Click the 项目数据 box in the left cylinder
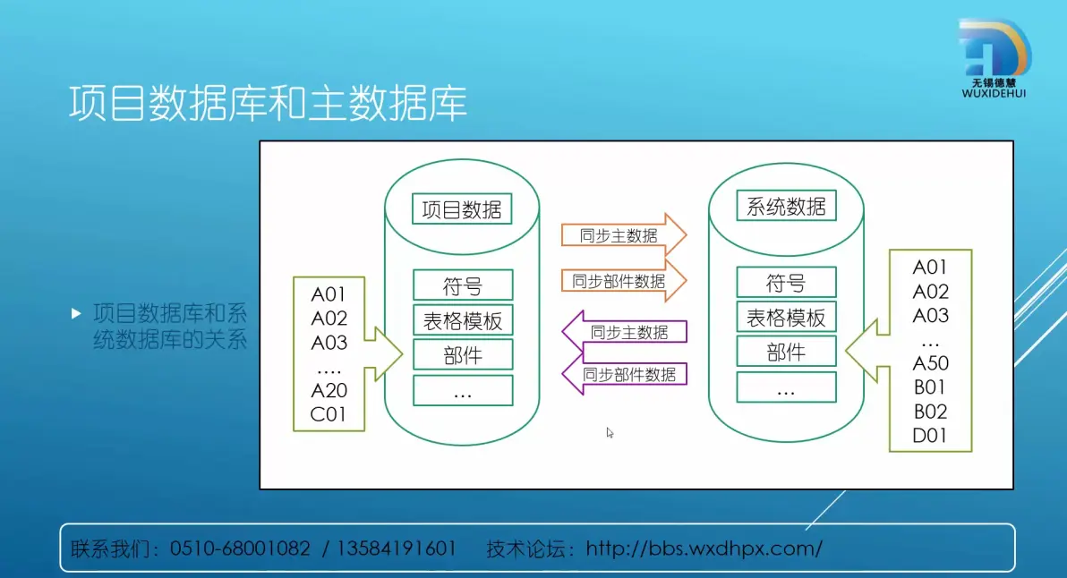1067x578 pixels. [462, 208]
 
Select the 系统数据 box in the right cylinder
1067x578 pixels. [786, 206]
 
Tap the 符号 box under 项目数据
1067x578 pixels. [463, 285]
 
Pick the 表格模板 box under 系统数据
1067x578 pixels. [786, 318]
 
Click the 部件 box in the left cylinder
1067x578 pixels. [463, 355]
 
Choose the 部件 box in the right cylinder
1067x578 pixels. [786, 353]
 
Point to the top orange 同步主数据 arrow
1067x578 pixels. [623, 234]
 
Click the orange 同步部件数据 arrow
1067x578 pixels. [623, 280]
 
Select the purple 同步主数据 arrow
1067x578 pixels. [625, 332]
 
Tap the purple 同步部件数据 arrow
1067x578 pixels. [625, 374]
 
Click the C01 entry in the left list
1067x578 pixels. [328, 414]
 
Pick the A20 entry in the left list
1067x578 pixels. [329, 390]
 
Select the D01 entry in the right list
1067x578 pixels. [929, 435]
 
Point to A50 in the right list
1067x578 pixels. [930, 363]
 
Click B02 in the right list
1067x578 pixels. [930, 412]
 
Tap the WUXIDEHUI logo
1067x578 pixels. [994, 58]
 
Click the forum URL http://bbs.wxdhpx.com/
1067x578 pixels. [704, 548]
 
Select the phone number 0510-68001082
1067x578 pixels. [240, 548]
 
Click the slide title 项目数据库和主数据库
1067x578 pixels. [269, 104]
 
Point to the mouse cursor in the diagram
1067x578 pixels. [610, 432]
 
